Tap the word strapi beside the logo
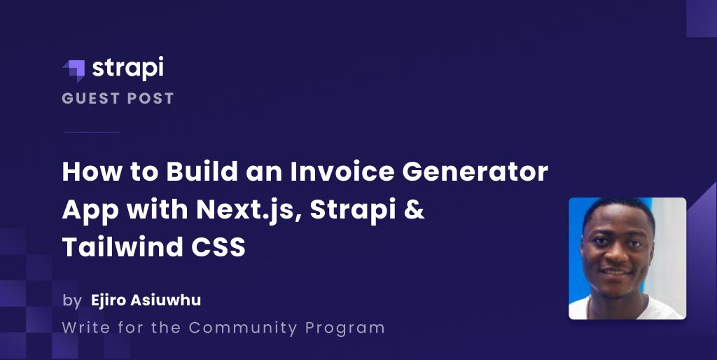(127, 69)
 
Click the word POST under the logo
(149, 98)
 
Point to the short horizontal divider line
(92, 132)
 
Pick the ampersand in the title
(415, 210)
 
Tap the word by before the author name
(71, 301)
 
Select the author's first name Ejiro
(108, 301)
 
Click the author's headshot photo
(627, 258)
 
